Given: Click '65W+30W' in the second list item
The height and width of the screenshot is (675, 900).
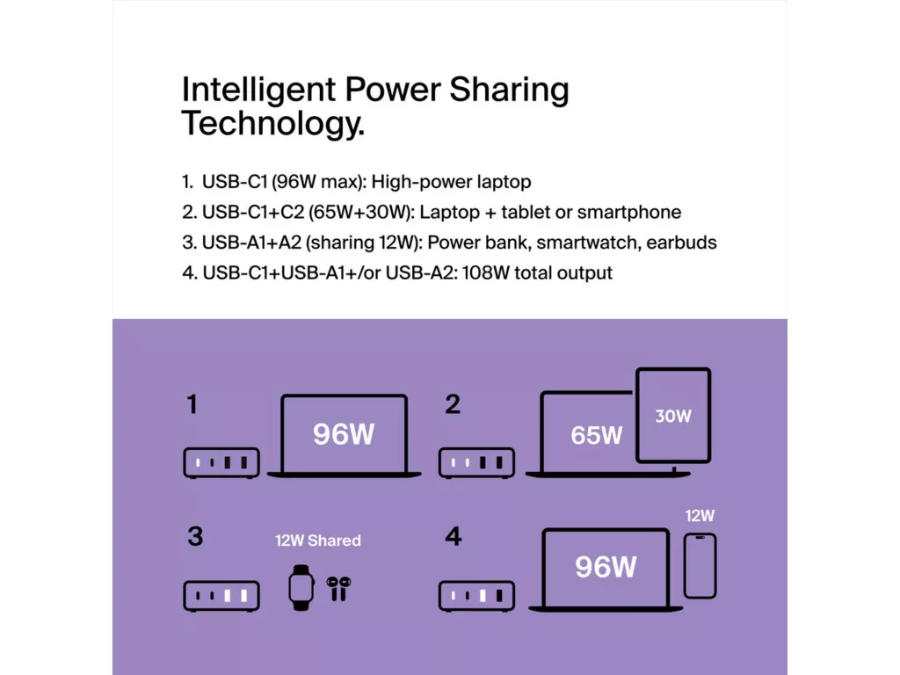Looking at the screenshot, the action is coord(360,213).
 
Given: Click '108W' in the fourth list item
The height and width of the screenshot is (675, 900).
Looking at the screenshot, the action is coord(485,272).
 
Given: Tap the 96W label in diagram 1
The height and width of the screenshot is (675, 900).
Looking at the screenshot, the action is coord(344,434).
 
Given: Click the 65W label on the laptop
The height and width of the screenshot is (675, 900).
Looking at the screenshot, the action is coord(597,436).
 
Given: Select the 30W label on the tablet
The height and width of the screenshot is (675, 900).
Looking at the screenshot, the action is coord(673,416).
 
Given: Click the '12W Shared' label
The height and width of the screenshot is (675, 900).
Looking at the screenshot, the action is coord(318,541).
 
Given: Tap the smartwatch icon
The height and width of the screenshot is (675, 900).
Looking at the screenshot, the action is coord(301,588).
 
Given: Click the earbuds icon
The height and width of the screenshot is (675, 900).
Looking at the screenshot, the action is coord(338,588).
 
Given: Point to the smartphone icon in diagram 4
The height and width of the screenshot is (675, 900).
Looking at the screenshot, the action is coord(700,566).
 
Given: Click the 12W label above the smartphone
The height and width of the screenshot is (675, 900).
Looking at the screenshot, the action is coord(700,515).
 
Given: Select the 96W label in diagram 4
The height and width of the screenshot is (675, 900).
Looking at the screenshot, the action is coord(606,567).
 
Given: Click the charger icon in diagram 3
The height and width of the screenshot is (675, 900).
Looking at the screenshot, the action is coord(221,596).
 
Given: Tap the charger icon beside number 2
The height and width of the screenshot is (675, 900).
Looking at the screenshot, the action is coord(476,462).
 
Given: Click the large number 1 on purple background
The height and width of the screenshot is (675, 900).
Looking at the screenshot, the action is coord(192,404).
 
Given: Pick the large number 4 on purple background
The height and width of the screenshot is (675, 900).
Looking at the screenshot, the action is coord(454,537).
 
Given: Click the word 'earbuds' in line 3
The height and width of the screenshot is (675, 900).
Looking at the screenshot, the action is coord(681,243).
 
